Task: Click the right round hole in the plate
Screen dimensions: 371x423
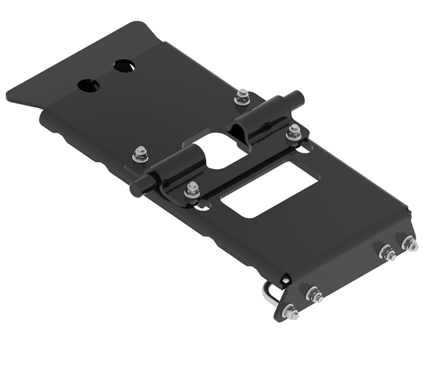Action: (x=124, y=66)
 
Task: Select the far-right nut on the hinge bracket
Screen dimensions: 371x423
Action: (x=293, y=132)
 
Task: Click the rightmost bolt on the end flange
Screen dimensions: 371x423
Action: (x=409, y=243)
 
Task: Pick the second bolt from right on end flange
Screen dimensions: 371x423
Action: (x=386, y=252)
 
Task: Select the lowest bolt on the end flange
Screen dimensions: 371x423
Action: (x=292, y=312)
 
